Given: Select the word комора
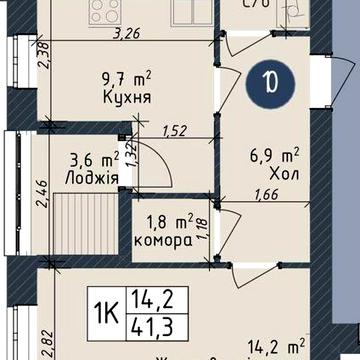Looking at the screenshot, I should click(164, 243).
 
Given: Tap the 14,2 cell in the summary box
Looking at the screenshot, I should click(148, 297).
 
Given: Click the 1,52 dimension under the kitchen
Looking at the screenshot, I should click(175, 131).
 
